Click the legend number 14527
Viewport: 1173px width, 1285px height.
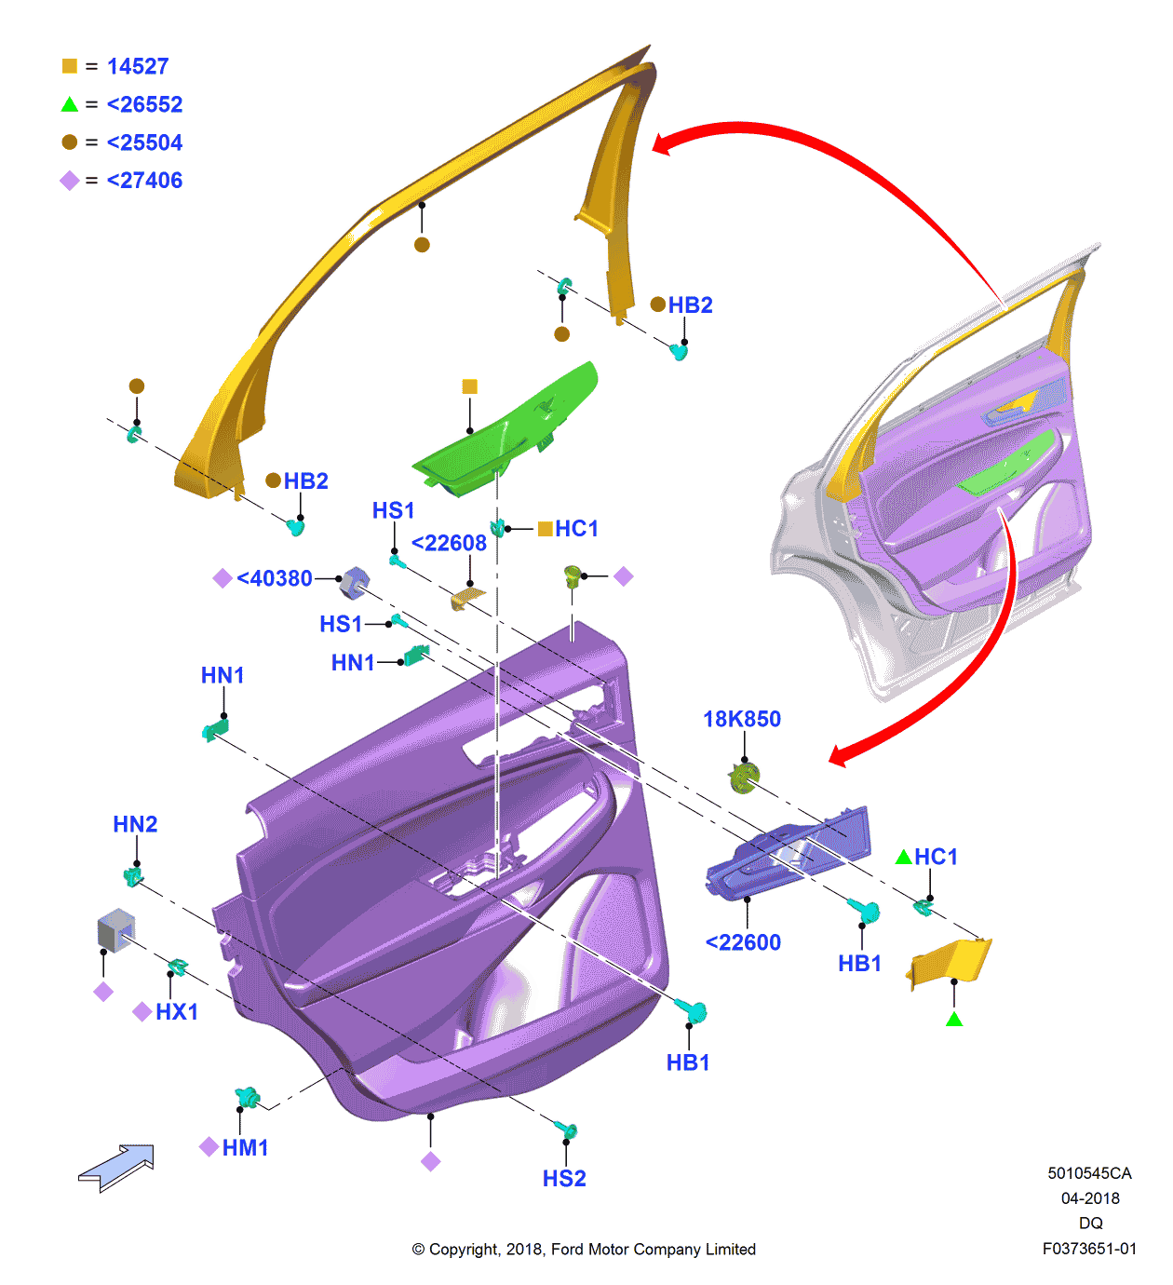point(138,66)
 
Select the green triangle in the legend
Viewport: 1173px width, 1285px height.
point(69,104)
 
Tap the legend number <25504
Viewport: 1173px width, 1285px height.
point(144,142)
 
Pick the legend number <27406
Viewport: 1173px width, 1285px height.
point(144,181)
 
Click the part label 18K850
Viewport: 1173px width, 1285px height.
point(742,719)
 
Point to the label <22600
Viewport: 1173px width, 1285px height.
point(743,942)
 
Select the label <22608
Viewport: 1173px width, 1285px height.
point(449,543)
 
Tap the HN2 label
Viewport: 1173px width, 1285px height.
point(135,824)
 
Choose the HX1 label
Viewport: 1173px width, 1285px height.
point(177,1011)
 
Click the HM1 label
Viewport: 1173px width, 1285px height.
point(246,1148)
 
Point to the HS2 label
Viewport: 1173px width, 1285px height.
point(564,1179)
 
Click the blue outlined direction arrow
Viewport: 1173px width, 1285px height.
point(117,1168)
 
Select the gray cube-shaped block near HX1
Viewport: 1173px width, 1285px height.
point(116,930)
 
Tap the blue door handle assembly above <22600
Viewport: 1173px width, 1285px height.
point(789,852)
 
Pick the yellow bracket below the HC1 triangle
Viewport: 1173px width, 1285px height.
point(951,961)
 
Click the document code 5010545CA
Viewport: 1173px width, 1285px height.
point(1089,1173)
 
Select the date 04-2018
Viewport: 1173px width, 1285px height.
point(1090,1198)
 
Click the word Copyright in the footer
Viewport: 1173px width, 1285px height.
point(464,1250)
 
